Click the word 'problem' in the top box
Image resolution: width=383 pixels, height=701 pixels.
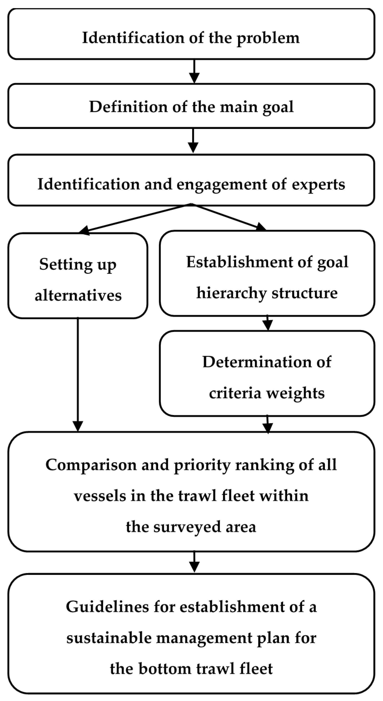coord(268,38)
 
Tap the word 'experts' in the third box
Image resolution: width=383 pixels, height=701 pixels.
coord(318,185)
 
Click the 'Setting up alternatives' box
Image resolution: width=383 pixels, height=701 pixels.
coord(78,275)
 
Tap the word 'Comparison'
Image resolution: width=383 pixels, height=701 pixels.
coord(91,465)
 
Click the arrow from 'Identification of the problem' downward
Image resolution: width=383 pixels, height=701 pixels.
coord(194,71)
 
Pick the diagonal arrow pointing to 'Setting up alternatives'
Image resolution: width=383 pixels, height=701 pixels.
coord(136,218)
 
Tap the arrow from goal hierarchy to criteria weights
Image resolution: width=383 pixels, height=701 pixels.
coord(268,323)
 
